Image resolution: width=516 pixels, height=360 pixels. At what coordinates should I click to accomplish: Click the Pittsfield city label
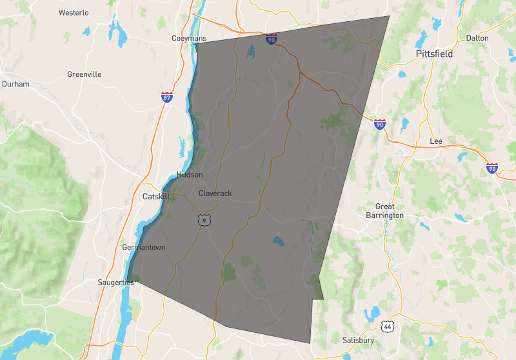click(434, 54)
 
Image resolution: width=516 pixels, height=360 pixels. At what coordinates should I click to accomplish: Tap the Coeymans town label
click(189, 39)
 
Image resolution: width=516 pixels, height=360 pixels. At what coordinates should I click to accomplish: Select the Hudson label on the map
click(190, 175)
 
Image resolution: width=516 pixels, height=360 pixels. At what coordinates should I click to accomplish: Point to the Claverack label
click(215, 194)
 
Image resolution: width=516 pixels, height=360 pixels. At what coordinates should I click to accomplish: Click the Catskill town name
click(155, 197)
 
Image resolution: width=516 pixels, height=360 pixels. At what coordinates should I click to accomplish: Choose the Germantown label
click(144, 247)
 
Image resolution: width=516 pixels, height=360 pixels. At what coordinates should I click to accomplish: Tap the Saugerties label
click(116, 282)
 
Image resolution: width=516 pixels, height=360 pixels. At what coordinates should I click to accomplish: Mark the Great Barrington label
click(384, 211)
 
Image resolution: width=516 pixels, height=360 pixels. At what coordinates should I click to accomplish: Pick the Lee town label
click(435, 141)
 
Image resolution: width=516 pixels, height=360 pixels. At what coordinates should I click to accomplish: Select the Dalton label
click(477, 38)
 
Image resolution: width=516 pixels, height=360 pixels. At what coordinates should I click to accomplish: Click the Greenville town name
click(84, 74)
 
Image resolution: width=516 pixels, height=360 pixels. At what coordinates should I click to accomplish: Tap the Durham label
click(15, 84)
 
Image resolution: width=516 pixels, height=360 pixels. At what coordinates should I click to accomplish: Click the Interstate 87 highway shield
click(167, 98)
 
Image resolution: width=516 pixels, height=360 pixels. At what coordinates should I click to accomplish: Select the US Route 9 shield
click(204, 221)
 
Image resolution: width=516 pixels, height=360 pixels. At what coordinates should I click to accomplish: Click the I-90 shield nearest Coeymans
click(271, 40)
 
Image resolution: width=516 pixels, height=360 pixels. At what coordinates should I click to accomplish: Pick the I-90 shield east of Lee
click(492, 168)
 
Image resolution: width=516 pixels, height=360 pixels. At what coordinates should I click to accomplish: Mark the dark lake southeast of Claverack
click(278, 242)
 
